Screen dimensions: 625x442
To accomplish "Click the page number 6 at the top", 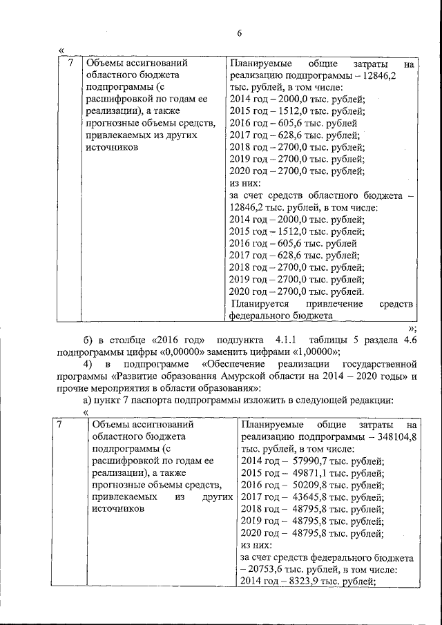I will point(240,33).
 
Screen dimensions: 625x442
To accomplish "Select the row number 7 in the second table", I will point(60,425).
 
